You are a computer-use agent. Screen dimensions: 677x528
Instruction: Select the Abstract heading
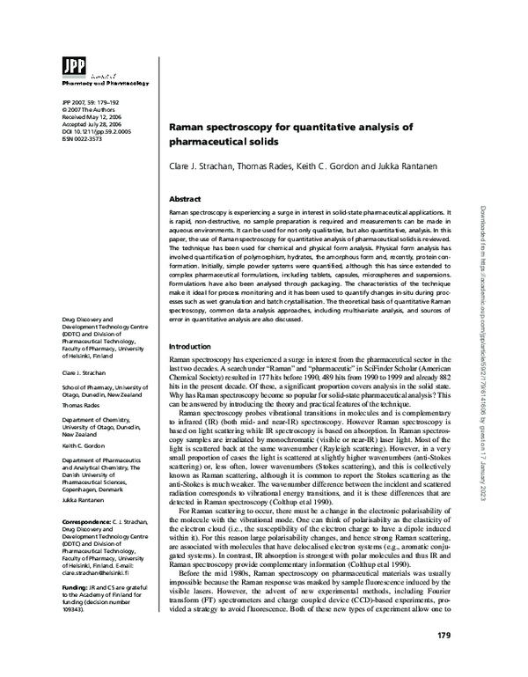pyautogui.click(x=186, y=200)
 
